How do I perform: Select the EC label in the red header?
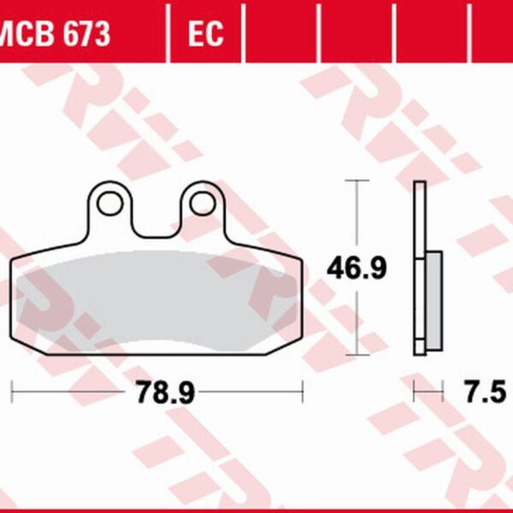pyautogui.click(x=205, y=34)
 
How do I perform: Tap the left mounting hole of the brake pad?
pyautogui.click(x=109, y=203)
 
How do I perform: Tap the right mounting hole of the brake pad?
pyautogui.click(x=201, y=203)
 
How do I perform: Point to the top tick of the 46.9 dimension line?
pyautogui.click(x=356, y=181)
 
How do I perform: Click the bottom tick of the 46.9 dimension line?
pyautogui.click(x=356, y=354)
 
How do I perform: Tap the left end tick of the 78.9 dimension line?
pyautogui.click(x=12, y=392)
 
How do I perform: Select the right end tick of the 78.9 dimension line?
pyautogui.click(x=303, y=392)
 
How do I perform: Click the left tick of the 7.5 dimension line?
pyautogui.click(x=415, y=392)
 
